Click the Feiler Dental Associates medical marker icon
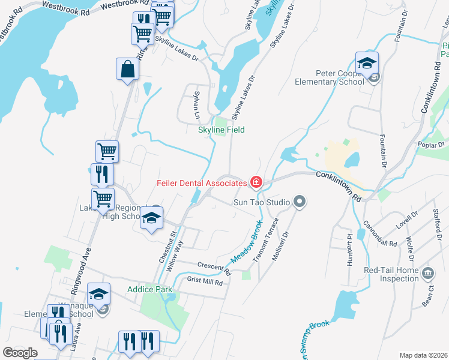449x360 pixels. coord(256,182)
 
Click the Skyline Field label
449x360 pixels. coord(221,130)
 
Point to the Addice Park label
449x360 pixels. coord(145,289)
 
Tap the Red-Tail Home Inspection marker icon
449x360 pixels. coord(428,273)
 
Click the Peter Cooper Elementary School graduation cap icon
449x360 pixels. coord(367,62)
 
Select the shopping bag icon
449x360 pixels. coord(128,68)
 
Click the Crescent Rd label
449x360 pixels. coord(214,268)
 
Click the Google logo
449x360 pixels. coord(20,353)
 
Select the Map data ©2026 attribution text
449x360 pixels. coord(423,355)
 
